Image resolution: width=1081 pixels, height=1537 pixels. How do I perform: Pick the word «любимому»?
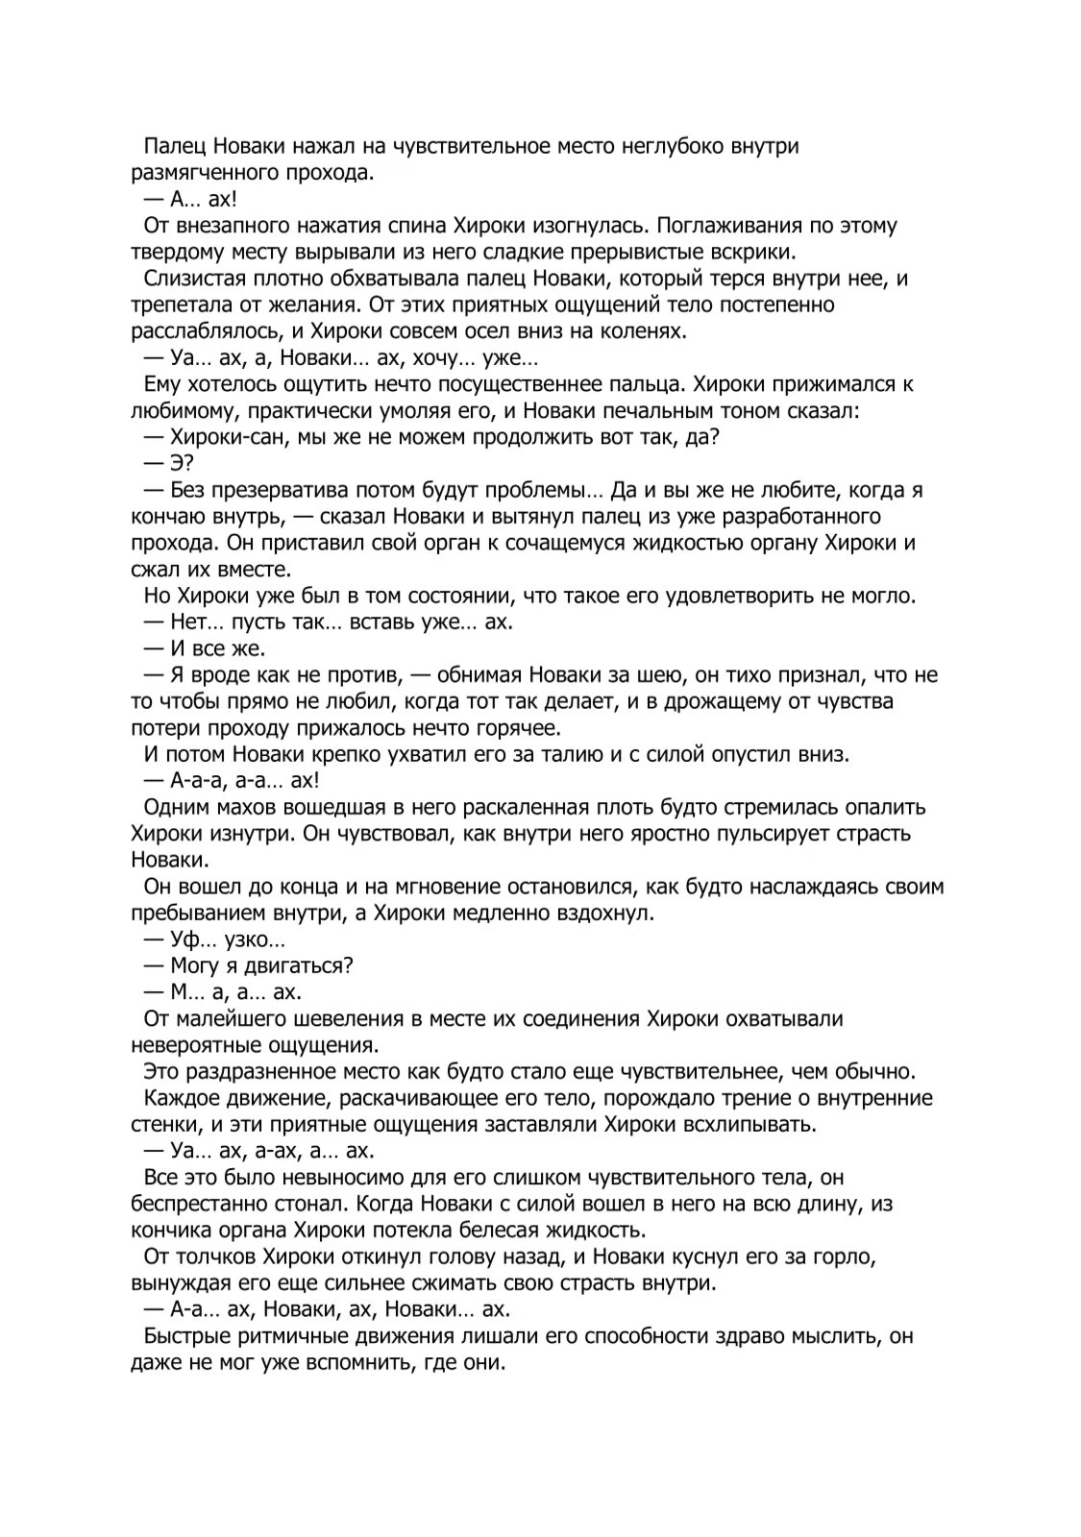tap(177, 410)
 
